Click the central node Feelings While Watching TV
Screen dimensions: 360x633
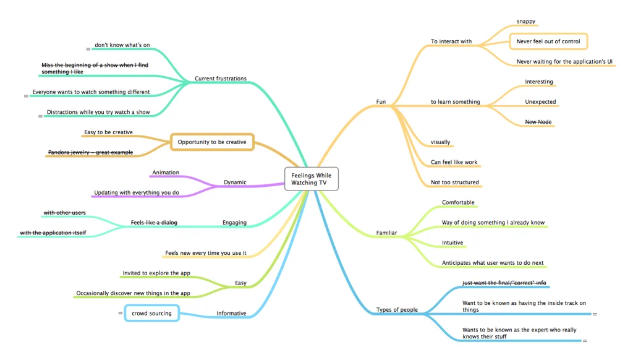tap(311, 179)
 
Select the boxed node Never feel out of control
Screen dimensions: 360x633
tap(548, 41)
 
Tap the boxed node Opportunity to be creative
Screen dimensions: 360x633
tap(212, 142)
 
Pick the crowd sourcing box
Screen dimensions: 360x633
tap(151, 314)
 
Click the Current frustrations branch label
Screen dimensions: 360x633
tap(220, 79)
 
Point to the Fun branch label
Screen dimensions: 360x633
tap(381, 101)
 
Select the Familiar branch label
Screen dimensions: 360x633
tap(386, 233)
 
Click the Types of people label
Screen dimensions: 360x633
tap(397, 309)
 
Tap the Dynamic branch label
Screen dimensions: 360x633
tap(235, 182)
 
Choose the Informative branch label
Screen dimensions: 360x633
tap(231, 314)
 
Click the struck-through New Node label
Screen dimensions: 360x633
tap(538, 122)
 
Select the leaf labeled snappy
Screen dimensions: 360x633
tap(526, 22)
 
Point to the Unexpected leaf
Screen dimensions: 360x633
tap(540, 101)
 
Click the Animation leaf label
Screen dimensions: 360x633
tap(166, 173)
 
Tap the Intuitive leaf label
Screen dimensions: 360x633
tap(452, 242)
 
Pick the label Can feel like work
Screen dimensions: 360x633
tap(454, 162)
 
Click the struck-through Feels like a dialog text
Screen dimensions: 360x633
tap(154, 222)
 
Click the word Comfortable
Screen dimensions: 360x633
tap(458, 202)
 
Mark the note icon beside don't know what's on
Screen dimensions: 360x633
tap(88, 48)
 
